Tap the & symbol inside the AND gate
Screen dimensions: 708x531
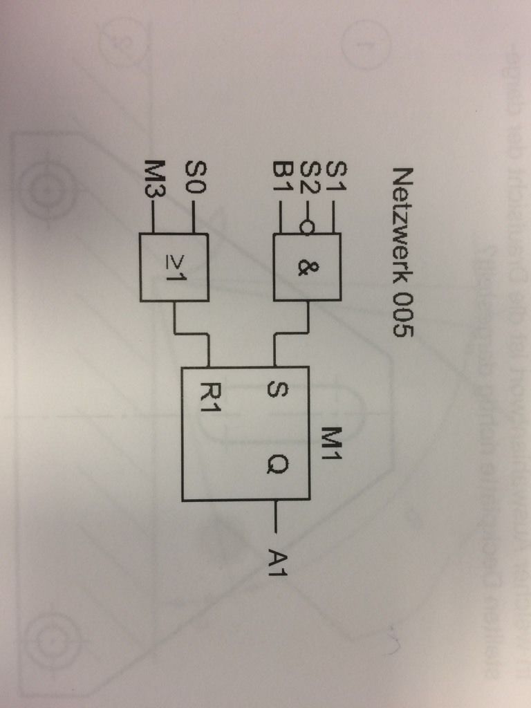[304, 267]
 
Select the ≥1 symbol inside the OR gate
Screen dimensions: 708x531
[172, 267]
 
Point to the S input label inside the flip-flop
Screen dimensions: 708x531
[273, 391]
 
